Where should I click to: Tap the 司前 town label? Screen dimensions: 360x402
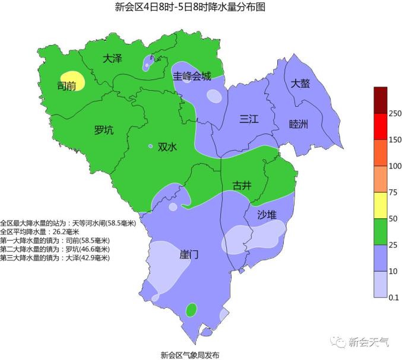[66, 86]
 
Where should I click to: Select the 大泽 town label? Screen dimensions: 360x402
[112, 59]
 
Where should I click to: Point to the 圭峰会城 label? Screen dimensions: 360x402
[192, 76]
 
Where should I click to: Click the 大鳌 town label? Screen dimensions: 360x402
[300, 84]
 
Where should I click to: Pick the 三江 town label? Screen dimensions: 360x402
[249, 119]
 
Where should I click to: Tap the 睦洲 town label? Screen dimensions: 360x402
[298, 124]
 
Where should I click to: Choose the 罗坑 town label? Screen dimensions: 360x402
[104, 130]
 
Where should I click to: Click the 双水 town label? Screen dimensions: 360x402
[167, 147]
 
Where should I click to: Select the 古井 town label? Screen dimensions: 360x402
[242, 186]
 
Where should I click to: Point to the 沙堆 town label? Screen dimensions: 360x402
[267, 215]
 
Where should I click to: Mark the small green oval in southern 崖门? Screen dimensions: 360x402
[191, 310]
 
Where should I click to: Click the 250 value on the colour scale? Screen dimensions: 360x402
[394, 113]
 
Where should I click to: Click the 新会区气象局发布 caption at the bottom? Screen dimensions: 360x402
[189, 355]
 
